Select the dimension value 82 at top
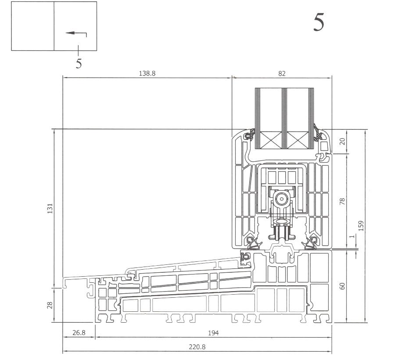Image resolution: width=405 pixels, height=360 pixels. [282, 74]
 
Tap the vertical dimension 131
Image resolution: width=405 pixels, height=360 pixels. [50, 208]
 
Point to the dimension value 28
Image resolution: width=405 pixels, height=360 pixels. [50, 305]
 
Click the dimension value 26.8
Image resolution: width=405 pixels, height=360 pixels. [79, 333]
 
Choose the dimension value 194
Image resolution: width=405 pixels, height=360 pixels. [213, 333]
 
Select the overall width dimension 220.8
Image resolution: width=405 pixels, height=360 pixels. [197, 347]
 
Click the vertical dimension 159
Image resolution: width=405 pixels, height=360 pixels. [361, 225]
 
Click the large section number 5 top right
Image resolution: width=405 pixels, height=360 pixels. [319, 22]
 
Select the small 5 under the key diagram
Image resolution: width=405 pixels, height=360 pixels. [79, 64]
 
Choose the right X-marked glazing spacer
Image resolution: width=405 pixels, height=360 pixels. [297, 142]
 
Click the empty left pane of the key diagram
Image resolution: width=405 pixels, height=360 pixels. [32, 26]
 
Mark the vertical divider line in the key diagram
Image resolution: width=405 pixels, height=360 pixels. [54, 26]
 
